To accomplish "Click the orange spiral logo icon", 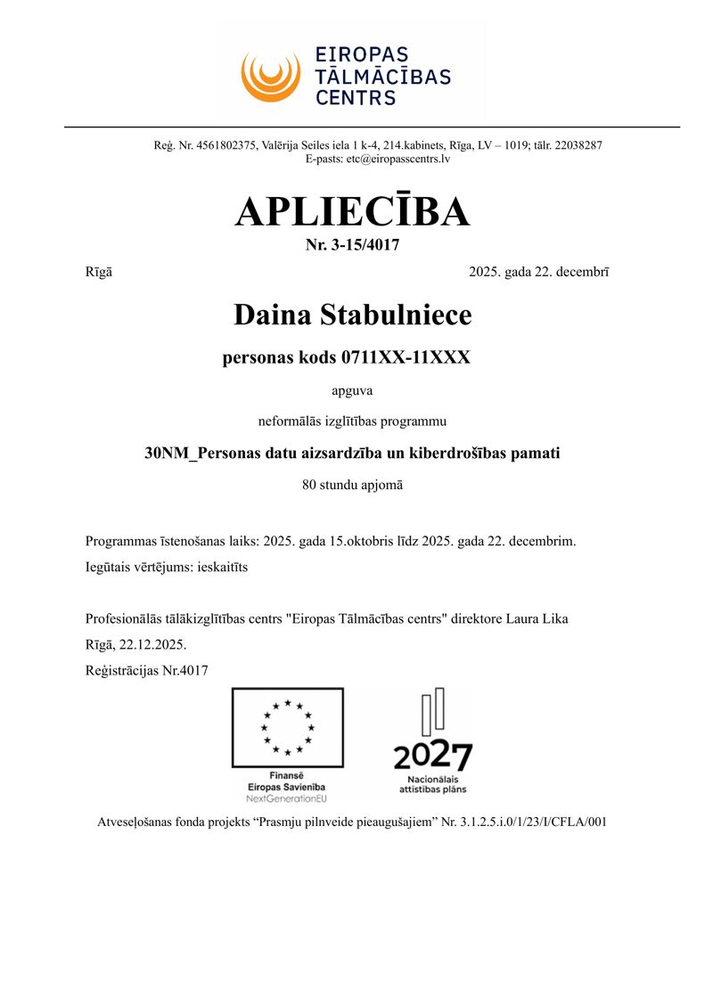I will point(270,75).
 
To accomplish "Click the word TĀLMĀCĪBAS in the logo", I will point(383,76).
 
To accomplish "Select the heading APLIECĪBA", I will point(352,211).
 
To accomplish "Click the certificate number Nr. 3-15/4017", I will point(352,245).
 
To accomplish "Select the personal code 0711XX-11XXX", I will point(406,358).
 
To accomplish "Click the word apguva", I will point(352,389).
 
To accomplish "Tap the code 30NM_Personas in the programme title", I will point(196,453).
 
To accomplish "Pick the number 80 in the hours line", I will point(311,486).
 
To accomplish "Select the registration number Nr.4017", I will point(184,670).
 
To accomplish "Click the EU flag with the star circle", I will point(287,727).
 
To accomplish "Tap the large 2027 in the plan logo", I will point(433,757).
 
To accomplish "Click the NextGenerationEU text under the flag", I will point(287,798).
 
